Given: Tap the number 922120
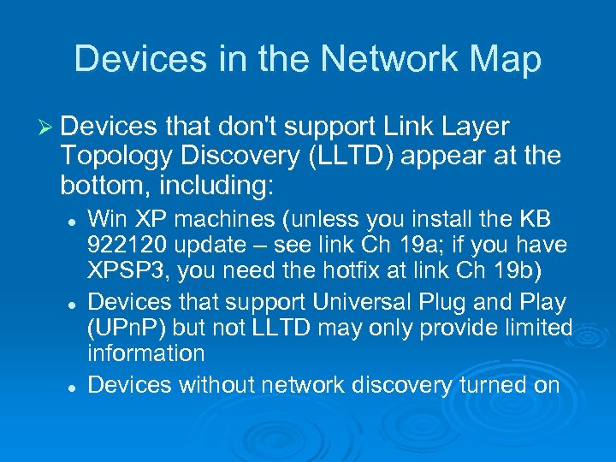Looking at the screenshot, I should click(x=127, y=245).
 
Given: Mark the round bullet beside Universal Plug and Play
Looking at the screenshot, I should click(x=74, y=304).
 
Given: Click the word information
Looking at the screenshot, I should click(x=146, y=353).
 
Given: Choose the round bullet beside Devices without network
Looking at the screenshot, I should click(x=74, y=387).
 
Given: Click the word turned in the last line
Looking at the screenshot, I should click(x=494, y=385).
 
